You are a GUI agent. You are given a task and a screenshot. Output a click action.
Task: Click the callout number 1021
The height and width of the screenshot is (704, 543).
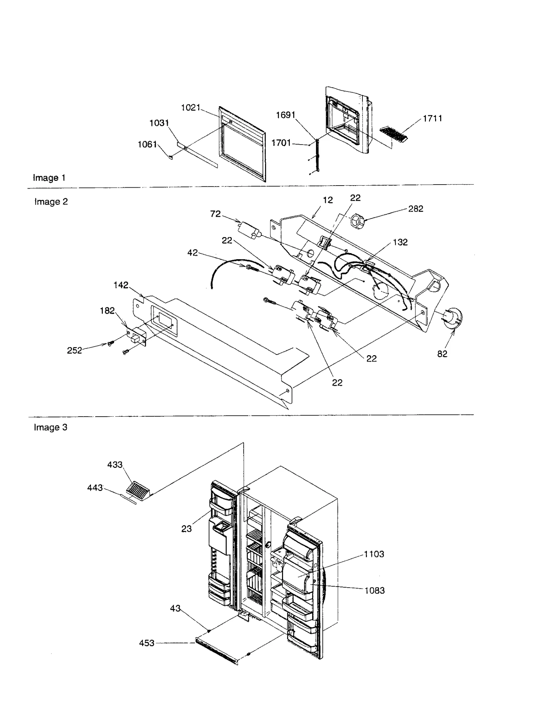190,108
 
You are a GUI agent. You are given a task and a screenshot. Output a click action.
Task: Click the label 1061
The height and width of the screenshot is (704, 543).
147,145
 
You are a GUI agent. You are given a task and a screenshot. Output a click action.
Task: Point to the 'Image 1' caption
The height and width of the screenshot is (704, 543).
49,178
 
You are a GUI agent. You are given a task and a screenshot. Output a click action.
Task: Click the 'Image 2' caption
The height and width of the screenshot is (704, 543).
51,202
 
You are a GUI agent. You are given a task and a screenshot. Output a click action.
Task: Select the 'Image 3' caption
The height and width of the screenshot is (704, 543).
51,427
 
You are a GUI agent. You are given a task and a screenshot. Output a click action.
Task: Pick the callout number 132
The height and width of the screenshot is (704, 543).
400,242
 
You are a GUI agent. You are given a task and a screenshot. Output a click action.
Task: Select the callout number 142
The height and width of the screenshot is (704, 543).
121,285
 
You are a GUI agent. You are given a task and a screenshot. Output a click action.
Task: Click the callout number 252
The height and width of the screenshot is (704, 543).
74,350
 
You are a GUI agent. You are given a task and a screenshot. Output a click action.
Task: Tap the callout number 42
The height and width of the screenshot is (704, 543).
192,253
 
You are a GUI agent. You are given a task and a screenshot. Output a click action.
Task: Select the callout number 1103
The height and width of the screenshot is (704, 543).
374,554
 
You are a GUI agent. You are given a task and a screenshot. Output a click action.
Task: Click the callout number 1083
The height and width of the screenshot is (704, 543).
375,591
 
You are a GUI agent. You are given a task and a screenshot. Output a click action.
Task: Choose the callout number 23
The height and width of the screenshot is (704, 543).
186,529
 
